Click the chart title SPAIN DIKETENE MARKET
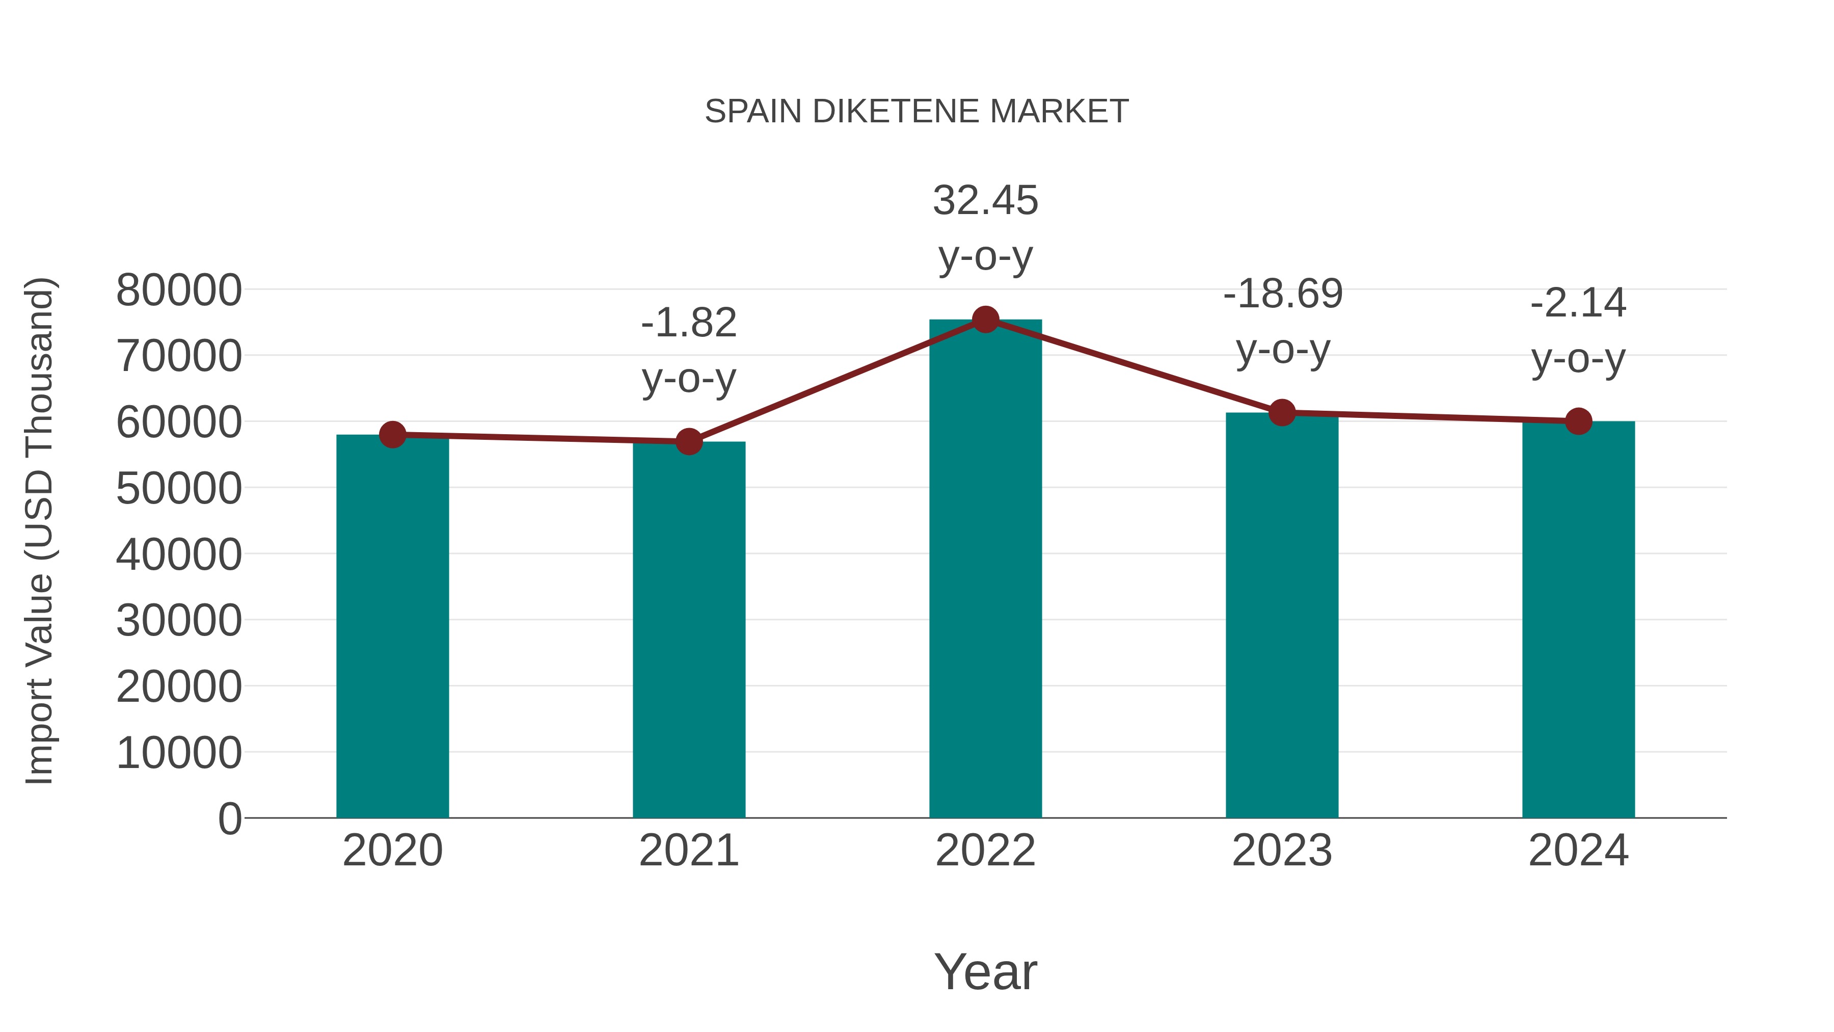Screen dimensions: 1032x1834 (x=916, y=112)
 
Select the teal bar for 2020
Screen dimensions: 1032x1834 (x=392, y=627)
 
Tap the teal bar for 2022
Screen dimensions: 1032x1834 (x=985, y=570)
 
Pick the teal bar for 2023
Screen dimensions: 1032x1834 (x=1282, y=616)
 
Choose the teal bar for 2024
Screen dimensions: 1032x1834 (x=1578, y=620)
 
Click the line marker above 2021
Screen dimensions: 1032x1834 (x=688, y=441)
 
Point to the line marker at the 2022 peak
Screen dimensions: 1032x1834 (x=985, y=320)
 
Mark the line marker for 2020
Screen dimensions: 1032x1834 (x=392, y=434)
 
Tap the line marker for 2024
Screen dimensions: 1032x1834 (x=1578, y=421)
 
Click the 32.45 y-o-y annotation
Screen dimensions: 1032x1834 (x=985, y=228)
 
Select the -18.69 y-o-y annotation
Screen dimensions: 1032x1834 (x=1282, y=322)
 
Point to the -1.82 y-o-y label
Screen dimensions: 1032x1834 (x=688, y=351)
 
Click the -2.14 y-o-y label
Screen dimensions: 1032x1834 (x=1578, y=331)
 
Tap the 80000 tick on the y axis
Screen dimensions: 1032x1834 (x=179, y=290)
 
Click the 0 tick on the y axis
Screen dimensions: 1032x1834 (x=230, y=818)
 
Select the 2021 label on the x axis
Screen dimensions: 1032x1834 (x=688, y=851)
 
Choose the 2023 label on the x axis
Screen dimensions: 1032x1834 (x=1282, y=851)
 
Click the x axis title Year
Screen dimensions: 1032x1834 (x=985, y=971)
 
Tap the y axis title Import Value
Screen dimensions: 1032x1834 (x=40, y=531)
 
